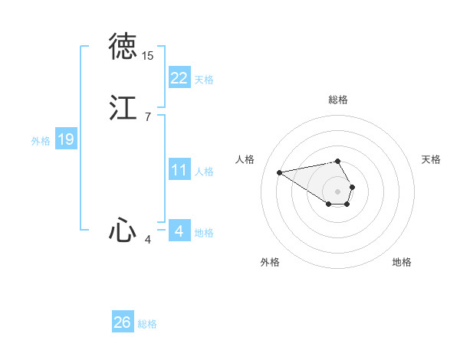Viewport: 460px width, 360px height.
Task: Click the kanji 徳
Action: tap(123, 47)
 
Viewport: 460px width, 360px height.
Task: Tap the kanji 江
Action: tap(123, 107)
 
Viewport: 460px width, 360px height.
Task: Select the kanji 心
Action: tap(123, 230)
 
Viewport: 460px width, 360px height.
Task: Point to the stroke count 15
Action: tap(148, 56)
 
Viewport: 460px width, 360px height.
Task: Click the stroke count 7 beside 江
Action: tap(147, 116)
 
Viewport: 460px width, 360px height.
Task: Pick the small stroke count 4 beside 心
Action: tap(148, 240)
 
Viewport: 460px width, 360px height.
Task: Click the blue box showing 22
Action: tap(179, 78)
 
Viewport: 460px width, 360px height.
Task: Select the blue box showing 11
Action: tap(179, 170)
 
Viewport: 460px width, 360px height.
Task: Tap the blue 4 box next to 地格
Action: tap(179, 231)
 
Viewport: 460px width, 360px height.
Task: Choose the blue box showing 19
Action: tap(66, 139)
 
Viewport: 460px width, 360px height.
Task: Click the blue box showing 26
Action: tap(123, 322)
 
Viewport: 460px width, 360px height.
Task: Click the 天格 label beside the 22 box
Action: tap(204, 80)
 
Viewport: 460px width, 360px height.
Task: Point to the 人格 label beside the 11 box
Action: tap(204, 172)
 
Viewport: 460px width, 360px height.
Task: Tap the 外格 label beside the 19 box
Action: tap(41, 141)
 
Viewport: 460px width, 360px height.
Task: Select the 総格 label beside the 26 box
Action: tap(147, 324)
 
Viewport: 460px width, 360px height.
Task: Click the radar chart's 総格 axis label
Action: tap(338, 100)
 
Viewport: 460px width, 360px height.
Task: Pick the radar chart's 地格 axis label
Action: tap(402, 262)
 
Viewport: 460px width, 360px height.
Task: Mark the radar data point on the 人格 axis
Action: tap(280, 172)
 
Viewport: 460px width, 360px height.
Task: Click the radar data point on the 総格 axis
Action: tap(338, 161)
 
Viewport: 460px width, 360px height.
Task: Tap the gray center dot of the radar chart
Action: tap(338, 190)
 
